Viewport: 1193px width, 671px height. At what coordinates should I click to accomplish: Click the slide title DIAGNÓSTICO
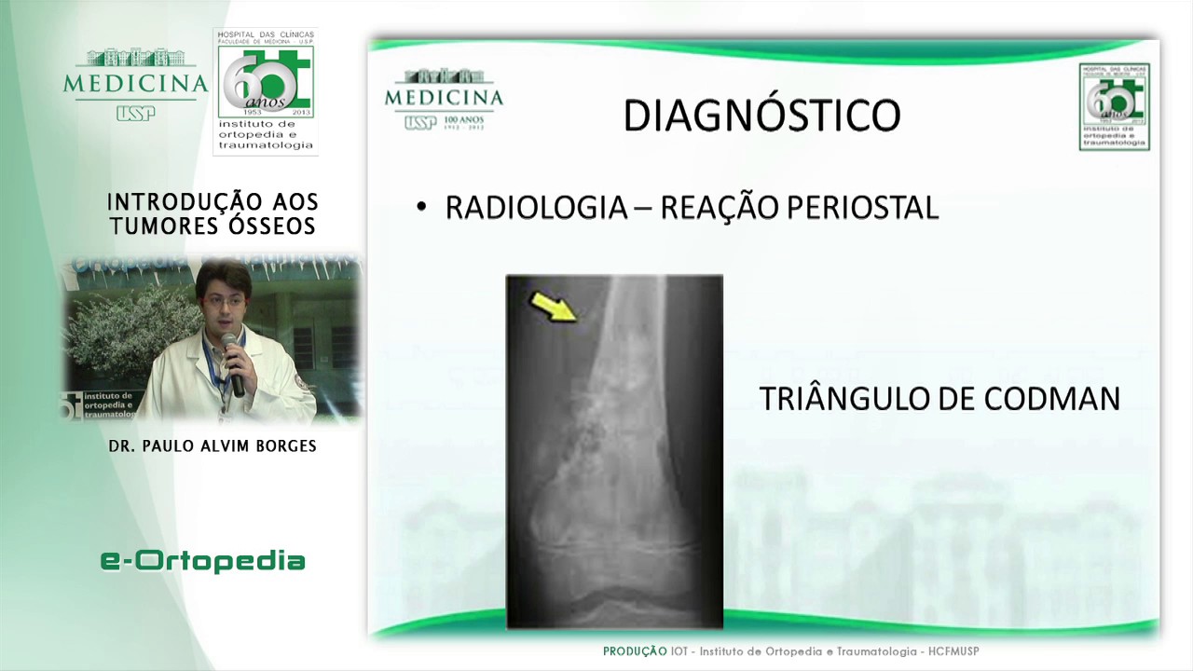pyautogui.click(x=761, y=116)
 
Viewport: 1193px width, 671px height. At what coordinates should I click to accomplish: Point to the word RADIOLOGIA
pyautogui.click(x=536, y=208)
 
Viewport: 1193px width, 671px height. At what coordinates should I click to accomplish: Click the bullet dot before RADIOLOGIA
pyautogui.click(x=421, y=208)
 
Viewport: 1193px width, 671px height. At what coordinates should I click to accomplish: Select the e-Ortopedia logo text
pyautogui.click(x=203, y=560)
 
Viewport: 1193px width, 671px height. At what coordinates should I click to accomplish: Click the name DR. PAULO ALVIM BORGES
pyautogui.click(x=213, y=446)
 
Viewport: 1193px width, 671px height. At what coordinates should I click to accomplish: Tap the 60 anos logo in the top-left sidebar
pyautogui.click(x=266, y=90)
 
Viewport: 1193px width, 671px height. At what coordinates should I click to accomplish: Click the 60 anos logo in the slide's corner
pyautogui.click(x=1114, y=106)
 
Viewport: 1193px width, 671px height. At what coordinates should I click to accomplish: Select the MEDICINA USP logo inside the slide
pyautogui.click(x=444, y=99)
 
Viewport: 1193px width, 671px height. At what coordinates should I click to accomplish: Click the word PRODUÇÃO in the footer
pyautogui.click(x=635, y=651)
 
